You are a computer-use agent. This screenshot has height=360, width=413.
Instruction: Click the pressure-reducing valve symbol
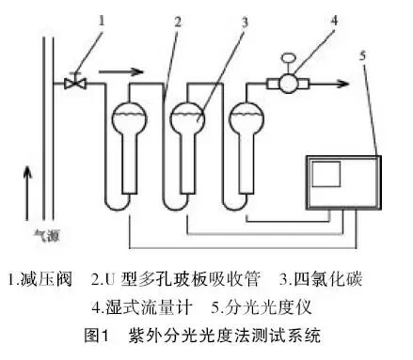pos(75,82)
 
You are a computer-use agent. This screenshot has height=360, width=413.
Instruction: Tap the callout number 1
pos(101,21)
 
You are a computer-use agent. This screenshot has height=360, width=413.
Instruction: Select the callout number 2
pos(178,22)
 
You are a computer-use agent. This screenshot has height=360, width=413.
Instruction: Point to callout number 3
pos(245,22)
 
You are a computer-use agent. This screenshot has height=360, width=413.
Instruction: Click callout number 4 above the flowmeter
pos(335,20)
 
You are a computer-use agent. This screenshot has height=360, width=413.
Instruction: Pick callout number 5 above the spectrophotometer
pos(363,55)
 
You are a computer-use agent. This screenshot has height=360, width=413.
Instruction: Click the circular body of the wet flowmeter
pos(289,84)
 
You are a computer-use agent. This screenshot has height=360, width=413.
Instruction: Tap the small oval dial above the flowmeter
pos(289,58)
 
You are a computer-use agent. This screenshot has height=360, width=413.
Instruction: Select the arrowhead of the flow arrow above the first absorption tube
pos(137,71)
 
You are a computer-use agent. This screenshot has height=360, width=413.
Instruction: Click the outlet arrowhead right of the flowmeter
pos(343,84)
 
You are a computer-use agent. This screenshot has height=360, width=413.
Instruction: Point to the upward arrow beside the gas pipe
pos(27,194)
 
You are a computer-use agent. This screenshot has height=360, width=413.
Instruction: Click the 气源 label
pos(47,236)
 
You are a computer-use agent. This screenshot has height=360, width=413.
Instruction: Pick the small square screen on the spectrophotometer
pos(326,174)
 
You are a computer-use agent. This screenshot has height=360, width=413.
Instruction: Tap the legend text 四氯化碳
pos(328,279)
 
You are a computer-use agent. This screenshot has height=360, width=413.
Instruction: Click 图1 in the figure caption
pos(96,336)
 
